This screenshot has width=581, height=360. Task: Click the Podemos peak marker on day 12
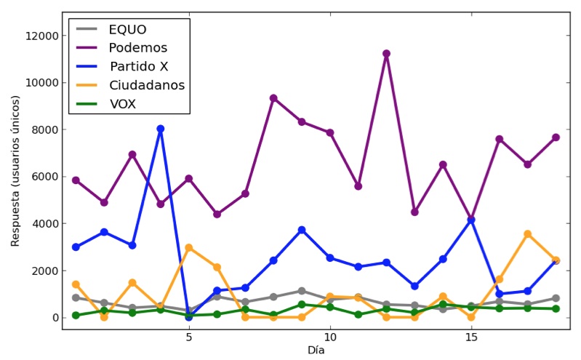point(386,54)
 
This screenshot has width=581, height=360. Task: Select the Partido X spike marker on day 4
point(160,129)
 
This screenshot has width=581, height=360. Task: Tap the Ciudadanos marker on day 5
point(188,248)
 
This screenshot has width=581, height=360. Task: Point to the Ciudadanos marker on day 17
point(527,234)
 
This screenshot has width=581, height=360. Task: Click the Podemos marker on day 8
point(273,98)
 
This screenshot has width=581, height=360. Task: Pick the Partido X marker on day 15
point(471,220)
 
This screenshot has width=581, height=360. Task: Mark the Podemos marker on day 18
point(556,137)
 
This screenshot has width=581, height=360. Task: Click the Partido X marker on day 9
point(302,230)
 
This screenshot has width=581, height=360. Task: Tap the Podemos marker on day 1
point(76,180)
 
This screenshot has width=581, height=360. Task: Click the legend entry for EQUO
point(127,30)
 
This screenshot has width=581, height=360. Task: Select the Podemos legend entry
point(138,48)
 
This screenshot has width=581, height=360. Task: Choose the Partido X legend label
point(140,67)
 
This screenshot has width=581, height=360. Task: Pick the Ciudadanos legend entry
point(146,85)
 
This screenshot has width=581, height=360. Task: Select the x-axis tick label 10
point(330,338)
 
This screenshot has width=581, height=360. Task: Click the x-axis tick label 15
point(471,338)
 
